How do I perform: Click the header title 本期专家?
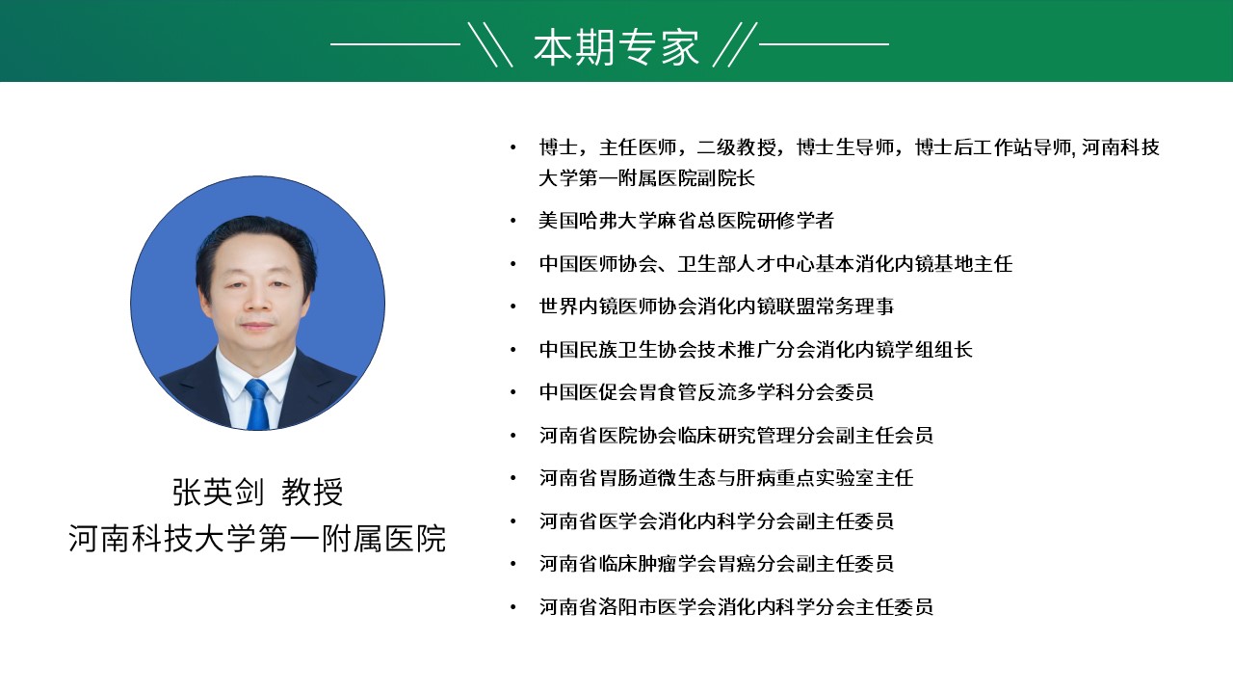616,47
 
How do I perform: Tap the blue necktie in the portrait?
256,404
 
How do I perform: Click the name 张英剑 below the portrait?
219,492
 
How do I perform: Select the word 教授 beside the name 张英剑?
312,492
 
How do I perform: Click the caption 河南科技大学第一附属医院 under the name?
257,538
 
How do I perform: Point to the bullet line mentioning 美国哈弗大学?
687,221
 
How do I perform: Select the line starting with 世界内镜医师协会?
716,307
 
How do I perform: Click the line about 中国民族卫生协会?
756,350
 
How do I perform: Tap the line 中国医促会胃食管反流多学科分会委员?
706,392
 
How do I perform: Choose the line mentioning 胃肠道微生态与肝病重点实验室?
726,478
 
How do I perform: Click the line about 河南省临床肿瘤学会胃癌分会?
716,564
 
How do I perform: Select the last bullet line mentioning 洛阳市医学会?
736,607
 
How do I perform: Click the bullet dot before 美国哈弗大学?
513,221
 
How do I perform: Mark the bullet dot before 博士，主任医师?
513,147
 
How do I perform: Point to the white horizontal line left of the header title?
395,44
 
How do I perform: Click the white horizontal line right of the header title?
824,44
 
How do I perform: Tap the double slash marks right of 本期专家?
735,44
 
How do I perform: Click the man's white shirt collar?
256,372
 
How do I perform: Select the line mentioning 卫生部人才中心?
775,264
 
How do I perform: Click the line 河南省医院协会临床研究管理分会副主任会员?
736,435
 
